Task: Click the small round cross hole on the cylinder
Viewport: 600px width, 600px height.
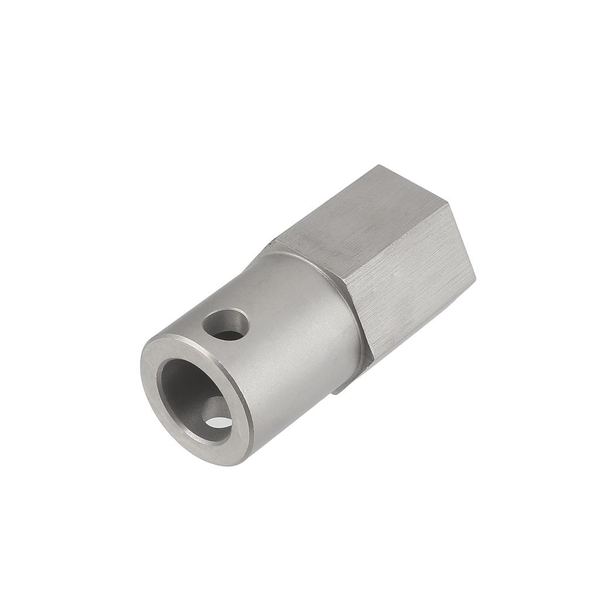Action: pyautogui.click(x=226, y=324)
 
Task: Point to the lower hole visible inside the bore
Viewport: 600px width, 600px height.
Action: pyautogui.click(x=217, y=417)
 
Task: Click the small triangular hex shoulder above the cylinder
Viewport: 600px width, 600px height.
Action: pyautogui.click(x=275, y=246)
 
